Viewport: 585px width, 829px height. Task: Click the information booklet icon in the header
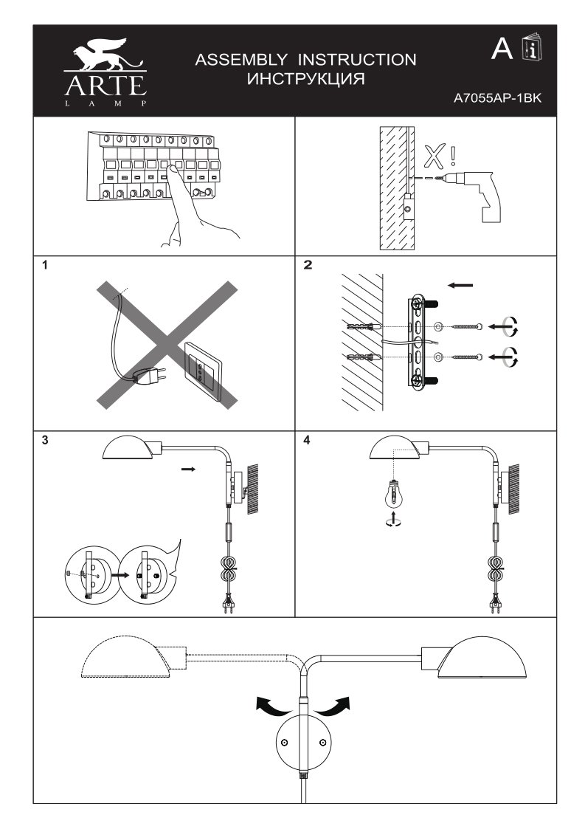point(528,48)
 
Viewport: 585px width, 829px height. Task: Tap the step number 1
point(46,266)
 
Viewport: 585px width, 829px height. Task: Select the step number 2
point(308,266)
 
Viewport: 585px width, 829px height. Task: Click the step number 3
point(46,441)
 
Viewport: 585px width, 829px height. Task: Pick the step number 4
point(307,441)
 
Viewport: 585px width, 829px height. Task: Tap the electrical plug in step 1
point(150,376)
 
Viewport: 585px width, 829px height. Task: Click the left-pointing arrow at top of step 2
point(460,284)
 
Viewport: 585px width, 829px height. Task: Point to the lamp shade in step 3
point(130,447)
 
